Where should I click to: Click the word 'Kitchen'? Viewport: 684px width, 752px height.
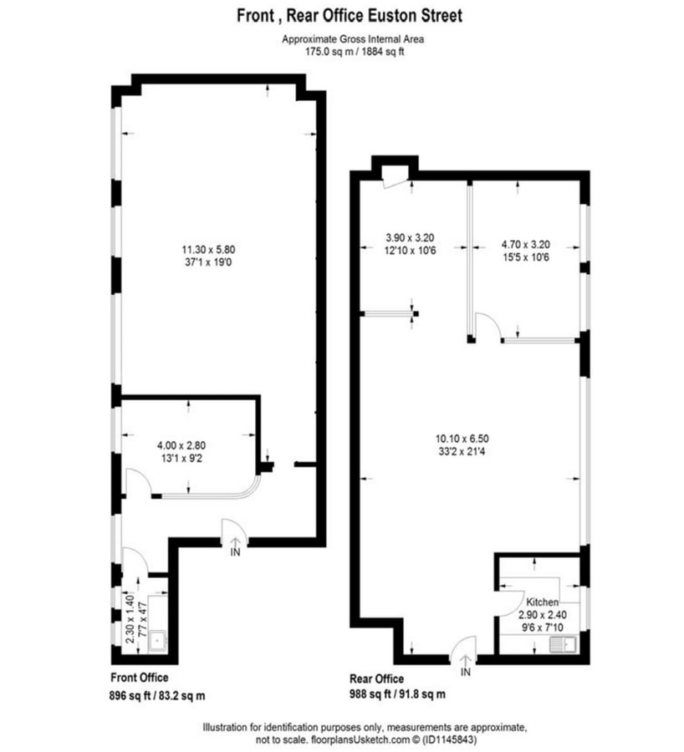click(x=542, y=601)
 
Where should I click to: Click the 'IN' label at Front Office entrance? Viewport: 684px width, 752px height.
click(x=235, y=551)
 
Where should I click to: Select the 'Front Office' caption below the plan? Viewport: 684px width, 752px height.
click(x=140, y=678)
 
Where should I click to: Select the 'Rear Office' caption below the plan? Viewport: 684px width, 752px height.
click(x=376, y=678)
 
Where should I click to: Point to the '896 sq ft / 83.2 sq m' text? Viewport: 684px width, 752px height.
click(x=158, y=694)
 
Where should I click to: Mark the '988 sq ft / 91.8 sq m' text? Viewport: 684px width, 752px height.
click(x=397, y=694)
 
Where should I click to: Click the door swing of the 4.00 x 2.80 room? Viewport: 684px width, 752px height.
click(x=135, y=481)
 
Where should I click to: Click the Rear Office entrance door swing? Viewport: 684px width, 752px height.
click(x=465, y=647)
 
